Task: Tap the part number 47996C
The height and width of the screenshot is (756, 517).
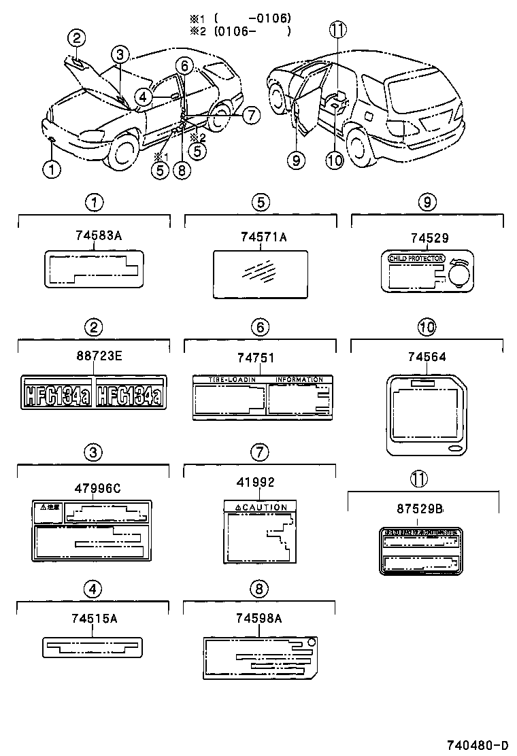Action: [x=94, y=487]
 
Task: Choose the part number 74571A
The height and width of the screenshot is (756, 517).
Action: [x=263, y=237]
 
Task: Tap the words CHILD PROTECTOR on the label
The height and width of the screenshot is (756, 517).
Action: [x=416, y=258]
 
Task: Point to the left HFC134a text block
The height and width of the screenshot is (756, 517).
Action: [x=58, y=394]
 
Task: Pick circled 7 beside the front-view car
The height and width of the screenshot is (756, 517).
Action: [x=251, y=115]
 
